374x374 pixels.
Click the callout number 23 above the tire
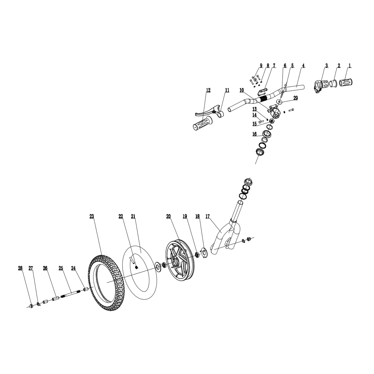92,216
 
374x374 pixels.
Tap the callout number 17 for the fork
208,216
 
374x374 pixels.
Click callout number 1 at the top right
350,66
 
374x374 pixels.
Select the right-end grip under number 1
346,83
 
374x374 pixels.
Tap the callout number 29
295,98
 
